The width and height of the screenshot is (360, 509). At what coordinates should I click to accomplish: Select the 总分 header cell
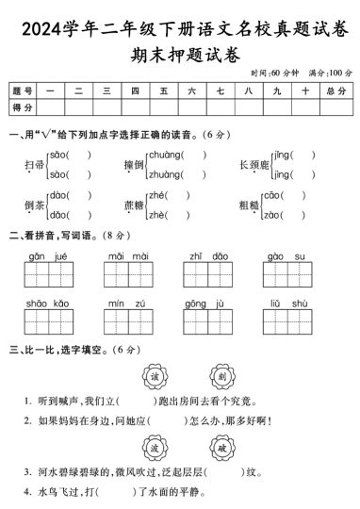pos(335,91)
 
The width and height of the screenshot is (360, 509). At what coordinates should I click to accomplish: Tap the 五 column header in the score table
pos(163,91)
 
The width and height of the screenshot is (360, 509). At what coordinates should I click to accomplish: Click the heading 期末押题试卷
pos(179,52)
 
